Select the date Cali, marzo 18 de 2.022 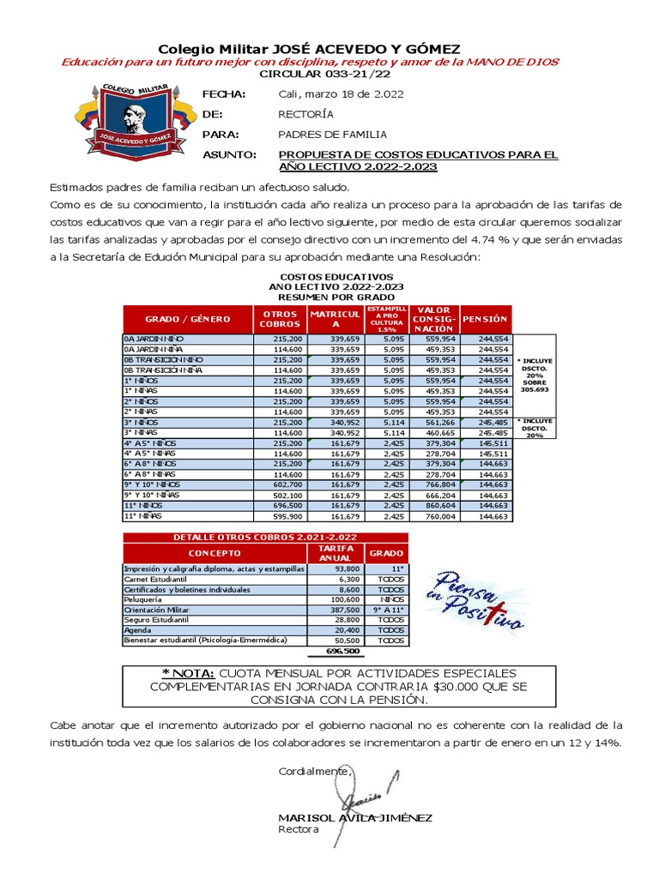click(341, 93)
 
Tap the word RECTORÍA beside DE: click(306, 113)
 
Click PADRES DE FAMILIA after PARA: click(332, 134)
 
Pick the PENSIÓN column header click(485, 318)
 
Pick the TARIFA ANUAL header click(336, 553)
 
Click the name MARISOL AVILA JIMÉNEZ click(354, 818)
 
